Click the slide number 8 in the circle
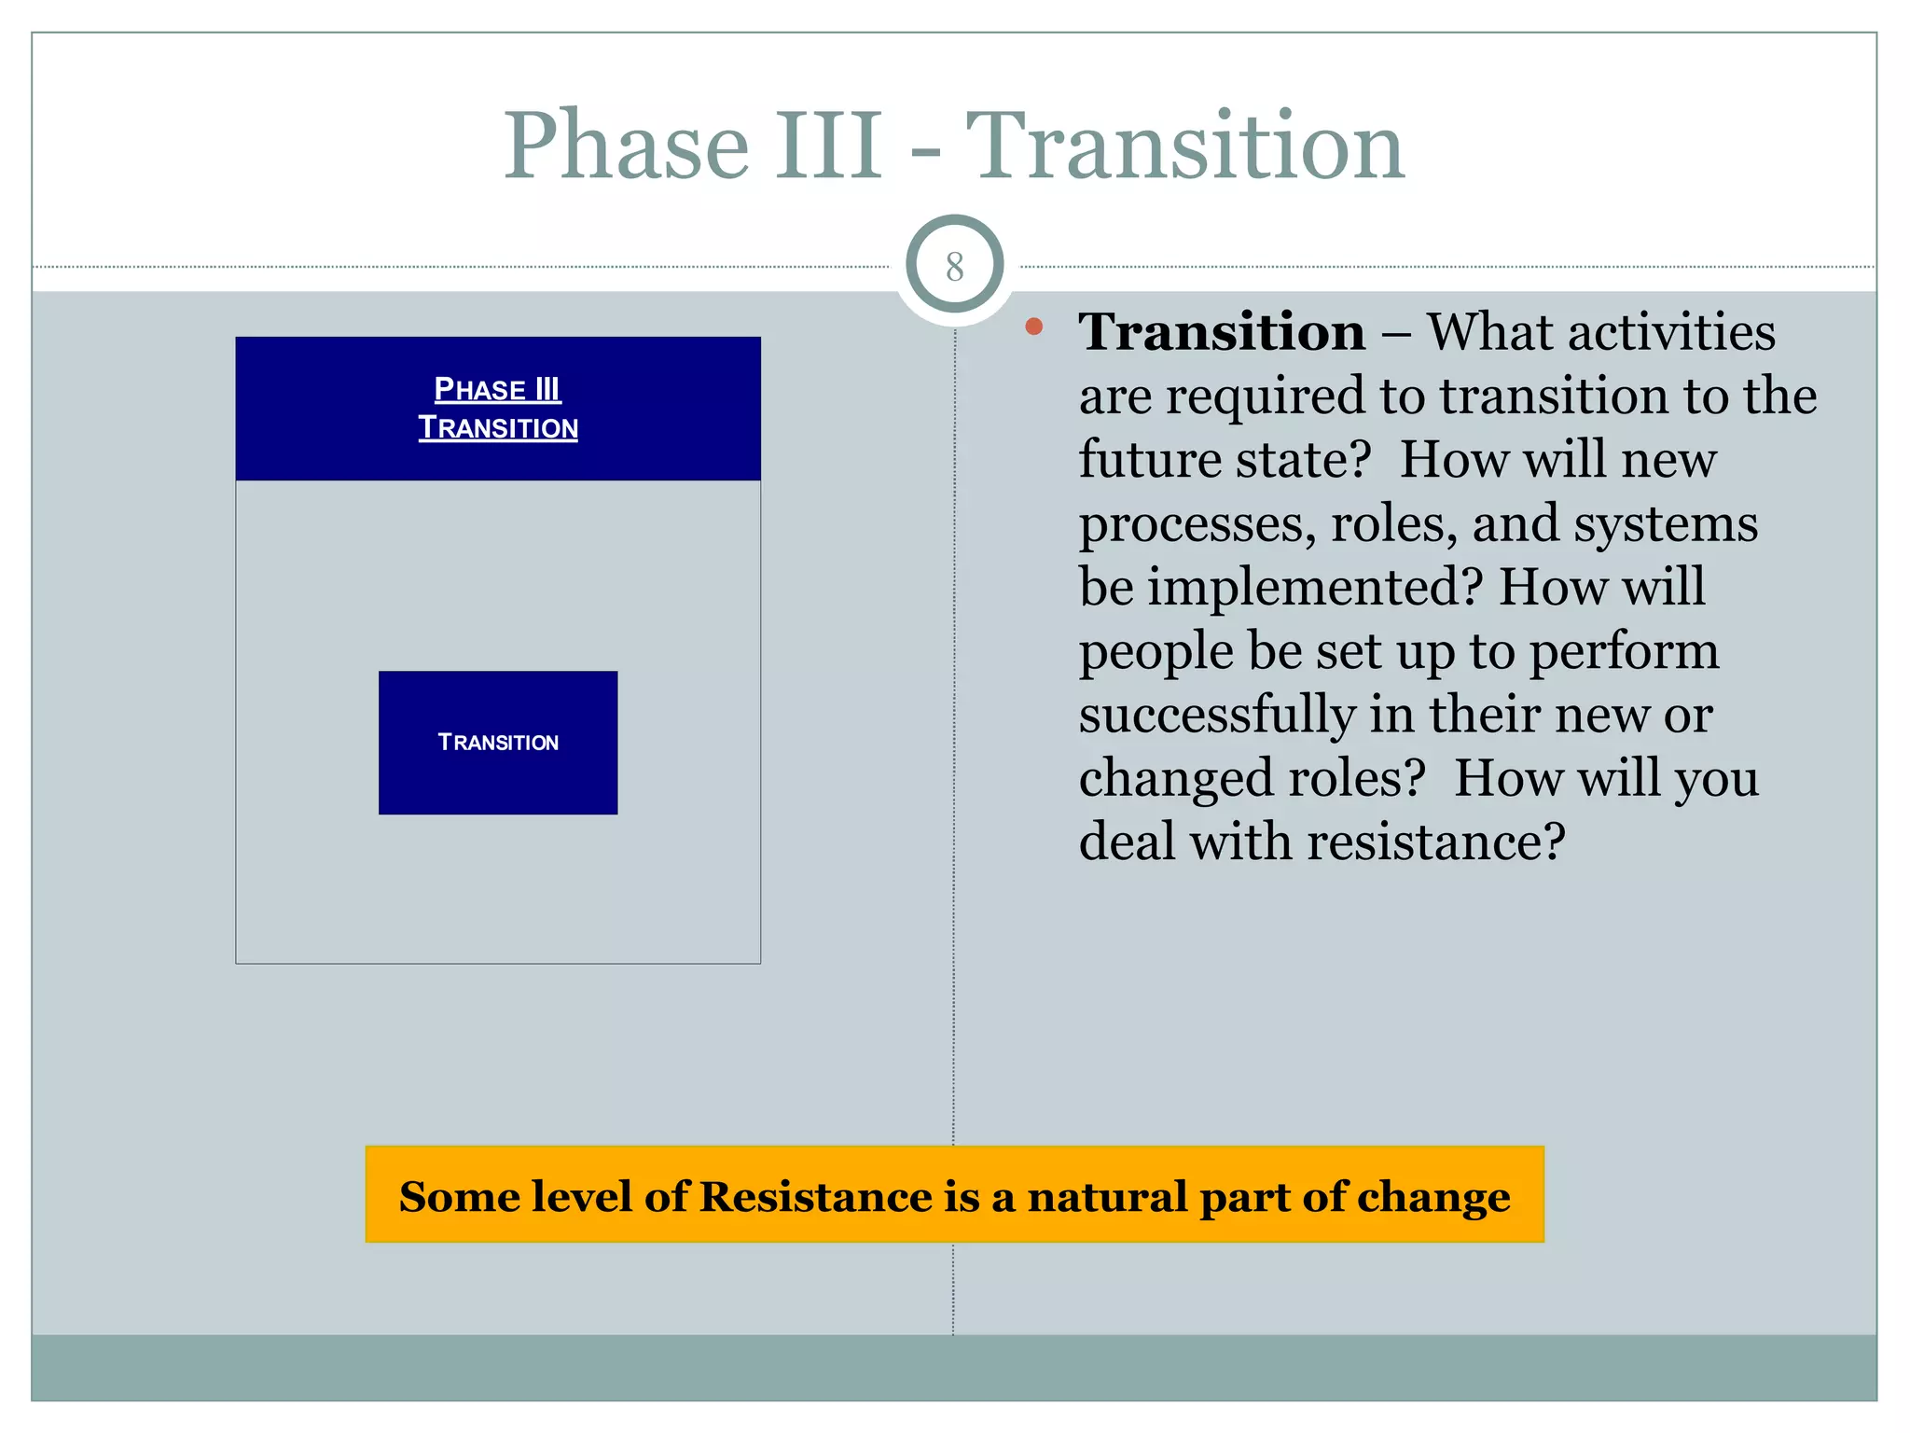[954, 268]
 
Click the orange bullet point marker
[1033, 327]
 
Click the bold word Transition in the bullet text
[1222, 332]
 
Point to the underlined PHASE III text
[497, 389]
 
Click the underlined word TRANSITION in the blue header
[498, 428]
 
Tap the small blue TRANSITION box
[498, 743]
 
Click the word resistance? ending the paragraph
[1436, 842]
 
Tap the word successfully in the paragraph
[1217, 715]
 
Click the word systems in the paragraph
[1666, 524]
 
